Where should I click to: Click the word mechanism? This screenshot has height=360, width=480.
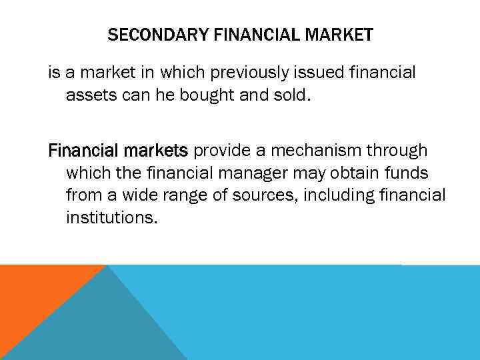(x=308, y=150)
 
